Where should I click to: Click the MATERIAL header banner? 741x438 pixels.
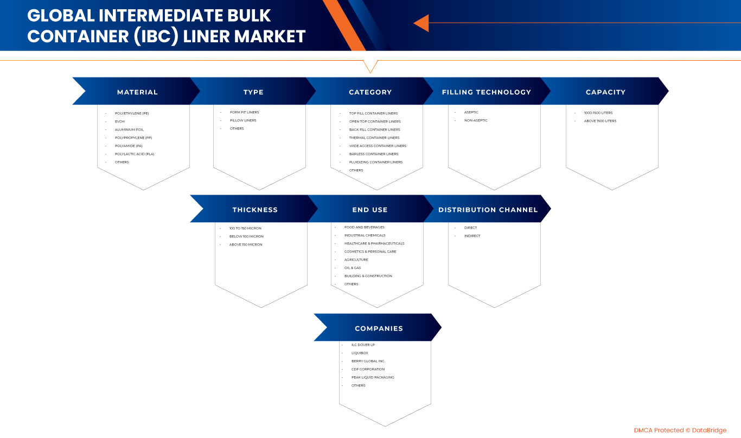click(137, 92)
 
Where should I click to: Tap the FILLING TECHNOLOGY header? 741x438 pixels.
click(487, 92)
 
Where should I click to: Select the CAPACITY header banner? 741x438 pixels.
click(605, 92)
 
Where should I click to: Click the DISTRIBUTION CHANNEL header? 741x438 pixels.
click(488, 210)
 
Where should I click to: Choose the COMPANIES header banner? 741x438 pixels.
click(379, 328)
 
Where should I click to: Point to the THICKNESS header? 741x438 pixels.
click(255, 210)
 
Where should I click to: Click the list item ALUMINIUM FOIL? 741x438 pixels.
click(129, 130)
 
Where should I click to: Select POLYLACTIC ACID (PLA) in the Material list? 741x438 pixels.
click(135, 154)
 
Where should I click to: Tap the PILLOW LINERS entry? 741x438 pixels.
click(243, 120)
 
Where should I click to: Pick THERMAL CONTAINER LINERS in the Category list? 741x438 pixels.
click(374, 138)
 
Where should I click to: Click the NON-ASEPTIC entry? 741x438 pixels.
click(476, 120)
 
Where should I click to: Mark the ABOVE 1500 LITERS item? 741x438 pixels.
click(600, 121)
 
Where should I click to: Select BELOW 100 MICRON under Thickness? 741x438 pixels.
click(246, 236)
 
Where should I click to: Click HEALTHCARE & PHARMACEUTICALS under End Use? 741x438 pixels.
click(374, 243)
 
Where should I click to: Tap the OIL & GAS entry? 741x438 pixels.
click(353, 268)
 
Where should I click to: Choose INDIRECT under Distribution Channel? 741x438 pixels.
click(472, 236)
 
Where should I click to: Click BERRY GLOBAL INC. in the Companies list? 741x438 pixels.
click(368, 361)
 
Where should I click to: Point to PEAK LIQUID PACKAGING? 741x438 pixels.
click(373, 377)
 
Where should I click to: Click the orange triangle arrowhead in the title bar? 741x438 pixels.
click(421, 23)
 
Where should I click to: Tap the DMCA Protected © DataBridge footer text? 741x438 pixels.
click(680, 430)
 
